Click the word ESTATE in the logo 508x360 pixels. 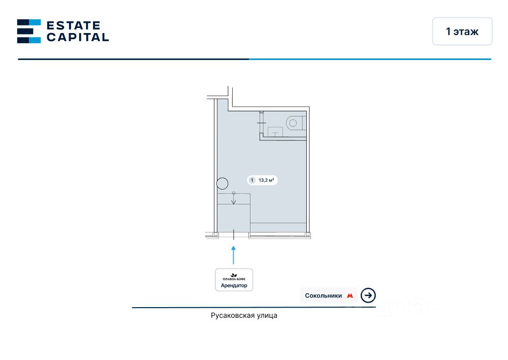pos(74,25)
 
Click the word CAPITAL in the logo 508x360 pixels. pos(77,37)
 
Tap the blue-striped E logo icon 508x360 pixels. pos(29,31)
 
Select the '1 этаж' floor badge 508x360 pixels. pos(462,32)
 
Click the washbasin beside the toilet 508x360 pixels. pos(275,132)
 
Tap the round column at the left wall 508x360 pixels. pos(223,184)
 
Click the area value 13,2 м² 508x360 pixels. pos(267,180)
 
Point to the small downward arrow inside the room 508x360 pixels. pos(234,199)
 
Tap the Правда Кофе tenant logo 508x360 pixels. pos(234,277)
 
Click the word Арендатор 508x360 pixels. pos(234,286)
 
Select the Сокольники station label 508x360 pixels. pos(323,295)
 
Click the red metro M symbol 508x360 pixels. pos(350,295)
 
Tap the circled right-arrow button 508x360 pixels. pos(368,295)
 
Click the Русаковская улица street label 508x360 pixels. pos(244,316)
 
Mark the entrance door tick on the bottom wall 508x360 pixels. pos(234,234)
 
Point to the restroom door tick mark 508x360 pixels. pos(262,123)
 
